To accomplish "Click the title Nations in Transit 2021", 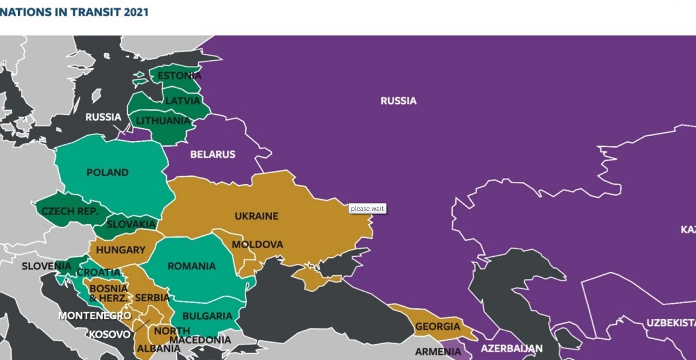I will pyautogui.click(x=74, y=12).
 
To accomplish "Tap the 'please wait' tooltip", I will pyautogui.click(x=367, y=209).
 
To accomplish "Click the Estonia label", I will pyautogui.click(x=180, y=76).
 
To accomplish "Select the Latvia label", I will pyautogui.click(x=182, y=101).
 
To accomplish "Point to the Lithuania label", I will pyautogui.click(x=163, y=121).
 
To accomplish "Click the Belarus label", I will pyautogui.click(x=213, y=155).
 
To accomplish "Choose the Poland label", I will pyautogui.click(x=107, y=173).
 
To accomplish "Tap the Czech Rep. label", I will pyautogui.click(x=66, y=212).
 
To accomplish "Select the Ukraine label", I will pyautogui.click(x=256, y=216).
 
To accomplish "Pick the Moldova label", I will pyautogui.click(x=258, y=245).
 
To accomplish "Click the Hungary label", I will pyautogui.click(x=121, y=250).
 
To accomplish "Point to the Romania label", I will pyautogui.click(x=191, y=267).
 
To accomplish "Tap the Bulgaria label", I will pyautogui.click(x=207, y=317).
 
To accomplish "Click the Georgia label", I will pyautogui.click(x=437, y=327).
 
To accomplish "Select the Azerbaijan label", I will pyautogui.click(x=512, y=349).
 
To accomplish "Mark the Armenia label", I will pyautogui.click(x=438, y=352).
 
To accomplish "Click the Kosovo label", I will pyautogui.click(x=110, y=334).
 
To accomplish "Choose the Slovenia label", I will pyautogui.click(x=46, y=267).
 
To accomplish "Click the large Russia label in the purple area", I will pyautogui.click(x=398, y=101).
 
